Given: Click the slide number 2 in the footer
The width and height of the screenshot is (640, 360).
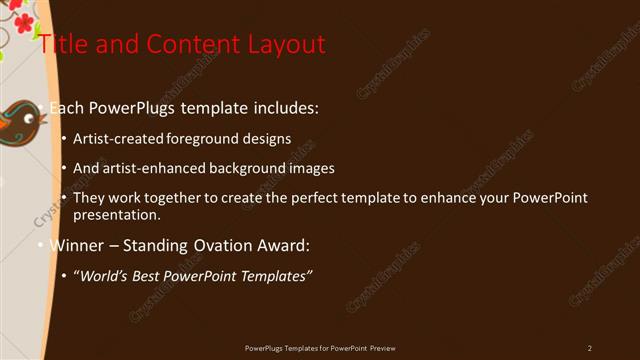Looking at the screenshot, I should click(589, 348).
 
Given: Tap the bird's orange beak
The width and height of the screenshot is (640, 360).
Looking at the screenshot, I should click(41, 119).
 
